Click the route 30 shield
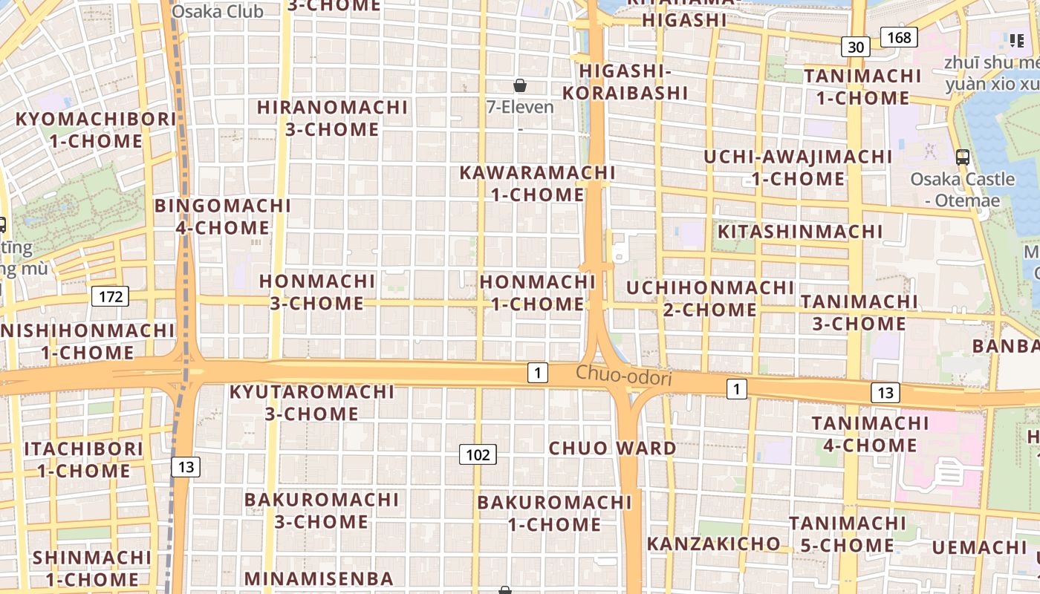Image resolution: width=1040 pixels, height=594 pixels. pos(856,47)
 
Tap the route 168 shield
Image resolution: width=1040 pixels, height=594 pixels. pos(899,36)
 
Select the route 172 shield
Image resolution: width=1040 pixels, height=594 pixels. pos(111,297)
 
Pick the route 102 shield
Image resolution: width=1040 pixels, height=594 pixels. pos(477,454)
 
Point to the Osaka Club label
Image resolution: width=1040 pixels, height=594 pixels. pos(218,11)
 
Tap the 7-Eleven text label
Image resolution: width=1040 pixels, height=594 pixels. pos(520,107)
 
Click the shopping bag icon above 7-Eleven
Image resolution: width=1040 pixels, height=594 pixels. pos(520,85)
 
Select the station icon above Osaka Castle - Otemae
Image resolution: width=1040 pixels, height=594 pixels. pos(963,157)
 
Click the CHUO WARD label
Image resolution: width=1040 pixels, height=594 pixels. pos(612,448)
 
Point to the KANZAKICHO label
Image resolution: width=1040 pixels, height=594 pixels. pos(713,544)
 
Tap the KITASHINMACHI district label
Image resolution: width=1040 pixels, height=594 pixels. pos(800,232)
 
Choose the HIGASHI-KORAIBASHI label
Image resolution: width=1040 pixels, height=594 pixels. pos(625,82)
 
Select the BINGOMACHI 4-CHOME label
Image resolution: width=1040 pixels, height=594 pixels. pos(223,216)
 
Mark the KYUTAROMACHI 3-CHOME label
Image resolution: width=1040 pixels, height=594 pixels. pos(312,402)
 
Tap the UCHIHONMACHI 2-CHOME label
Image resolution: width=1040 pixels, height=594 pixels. pos(710,298)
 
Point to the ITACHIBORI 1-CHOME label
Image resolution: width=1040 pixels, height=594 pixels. pos(84,460)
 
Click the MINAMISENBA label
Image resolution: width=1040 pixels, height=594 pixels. pos(319,578)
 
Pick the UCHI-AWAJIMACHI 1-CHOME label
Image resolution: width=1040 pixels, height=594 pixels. pos(798,168)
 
